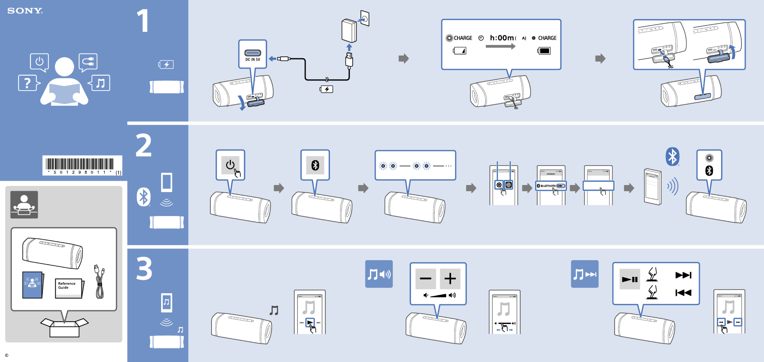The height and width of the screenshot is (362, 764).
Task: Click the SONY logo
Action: pyautogui.click(x=25, y=11)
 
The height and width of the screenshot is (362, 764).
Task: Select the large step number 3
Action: pyautogui.click(x=144, y=269)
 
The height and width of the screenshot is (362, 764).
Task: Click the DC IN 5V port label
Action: pyautogui.click(x=252, y=59)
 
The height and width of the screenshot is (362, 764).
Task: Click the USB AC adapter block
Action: pyautogui.click(x=349, y=31)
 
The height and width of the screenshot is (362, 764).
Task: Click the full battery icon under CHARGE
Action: pyautogui.click(x=544, y=51)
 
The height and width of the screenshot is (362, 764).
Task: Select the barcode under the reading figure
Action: pyautogui.click(x=79, y=165)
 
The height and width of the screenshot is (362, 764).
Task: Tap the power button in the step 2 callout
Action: pyautogui.click(x=230, y=165)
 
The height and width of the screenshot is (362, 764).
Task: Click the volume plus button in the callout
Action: pyautogui.click(x=450, y=279)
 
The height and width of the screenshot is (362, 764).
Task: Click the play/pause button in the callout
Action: pyautogui.click(x=629, y=279)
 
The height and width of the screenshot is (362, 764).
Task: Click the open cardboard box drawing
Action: pyautogui.click(x=64, y=328)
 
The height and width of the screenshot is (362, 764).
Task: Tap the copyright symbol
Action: pyautogui.click(x=7, y=355)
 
